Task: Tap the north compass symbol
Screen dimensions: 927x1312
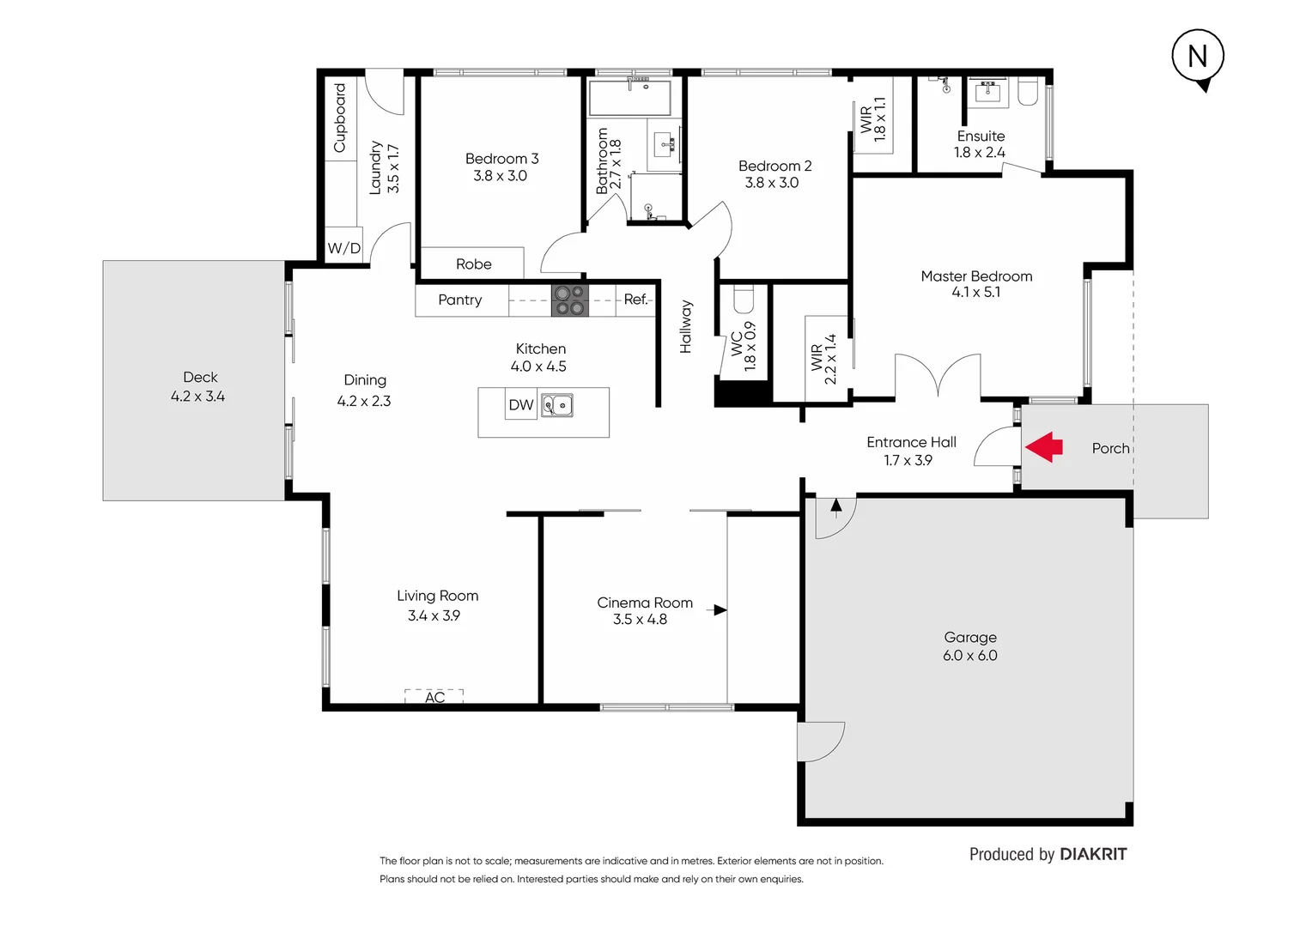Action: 1198,57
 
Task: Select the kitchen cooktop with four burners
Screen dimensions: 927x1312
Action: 569,300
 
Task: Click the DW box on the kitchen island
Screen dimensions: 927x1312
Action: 520,405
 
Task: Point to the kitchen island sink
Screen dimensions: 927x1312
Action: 557,405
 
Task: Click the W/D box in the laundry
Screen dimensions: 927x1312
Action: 343,248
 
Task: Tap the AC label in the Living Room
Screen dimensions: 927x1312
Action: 434,698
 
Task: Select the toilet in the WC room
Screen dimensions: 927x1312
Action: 744,299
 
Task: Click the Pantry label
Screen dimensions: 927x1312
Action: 460,300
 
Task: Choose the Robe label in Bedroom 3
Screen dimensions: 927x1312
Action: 474,264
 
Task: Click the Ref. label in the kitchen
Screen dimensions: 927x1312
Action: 635,300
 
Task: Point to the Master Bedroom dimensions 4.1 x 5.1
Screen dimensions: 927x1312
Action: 975,293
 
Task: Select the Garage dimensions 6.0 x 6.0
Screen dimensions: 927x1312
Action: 969,656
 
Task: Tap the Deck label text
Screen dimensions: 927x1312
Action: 200,378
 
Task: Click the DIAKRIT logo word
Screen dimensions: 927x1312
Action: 1093,854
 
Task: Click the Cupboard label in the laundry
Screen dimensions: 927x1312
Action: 340,118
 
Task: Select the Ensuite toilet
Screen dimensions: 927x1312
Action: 1028,91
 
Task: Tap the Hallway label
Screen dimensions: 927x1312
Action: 686,326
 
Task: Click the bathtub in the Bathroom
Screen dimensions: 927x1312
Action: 629,99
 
